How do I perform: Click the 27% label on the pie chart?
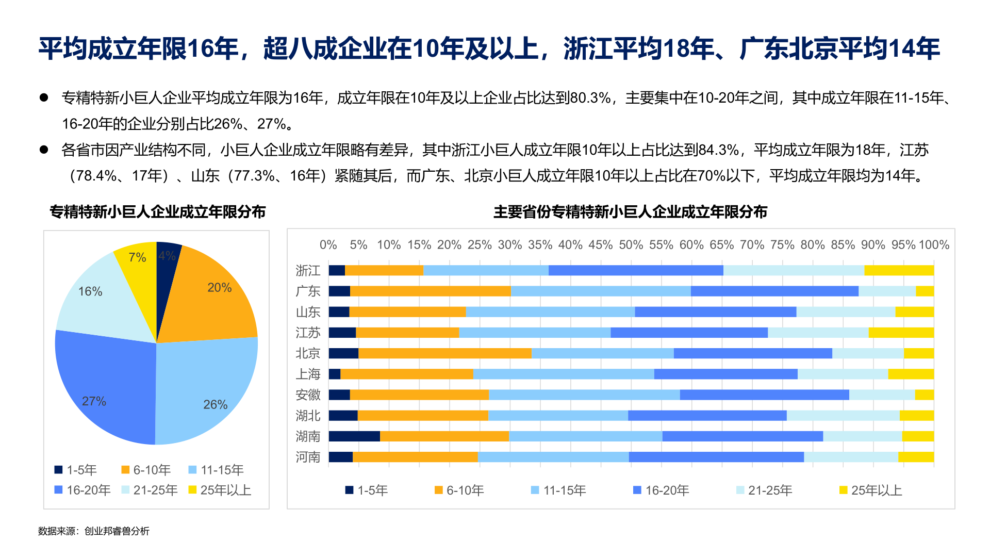click(x=94, y=401)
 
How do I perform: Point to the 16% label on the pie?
click(x=90, y=291)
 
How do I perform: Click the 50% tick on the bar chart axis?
click(x=631, y=245)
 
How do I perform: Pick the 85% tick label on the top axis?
click(x=843, y=245)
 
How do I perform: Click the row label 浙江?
click(x=308, y=271)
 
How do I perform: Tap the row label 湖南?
click(x=308, y=436)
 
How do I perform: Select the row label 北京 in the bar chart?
click(x=308, y=353)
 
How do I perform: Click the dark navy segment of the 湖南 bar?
click(x=354, y=436)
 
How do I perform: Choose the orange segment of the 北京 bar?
click(x=444, y=353)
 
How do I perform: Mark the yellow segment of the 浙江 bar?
click(x=899, y=271)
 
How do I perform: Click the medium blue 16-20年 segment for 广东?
click(x=774, y=291)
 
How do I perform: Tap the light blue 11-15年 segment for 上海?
click(x=563, y=374)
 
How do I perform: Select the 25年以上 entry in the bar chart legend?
click(x=871, y=490)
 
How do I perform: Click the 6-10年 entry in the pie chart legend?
click(x=146, y=470)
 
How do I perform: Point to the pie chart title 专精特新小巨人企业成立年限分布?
click(x=158, y=212)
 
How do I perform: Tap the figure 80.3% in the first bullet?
click(x=591, y=97)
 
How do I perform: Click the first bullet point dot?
click(x=44, y=97)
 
